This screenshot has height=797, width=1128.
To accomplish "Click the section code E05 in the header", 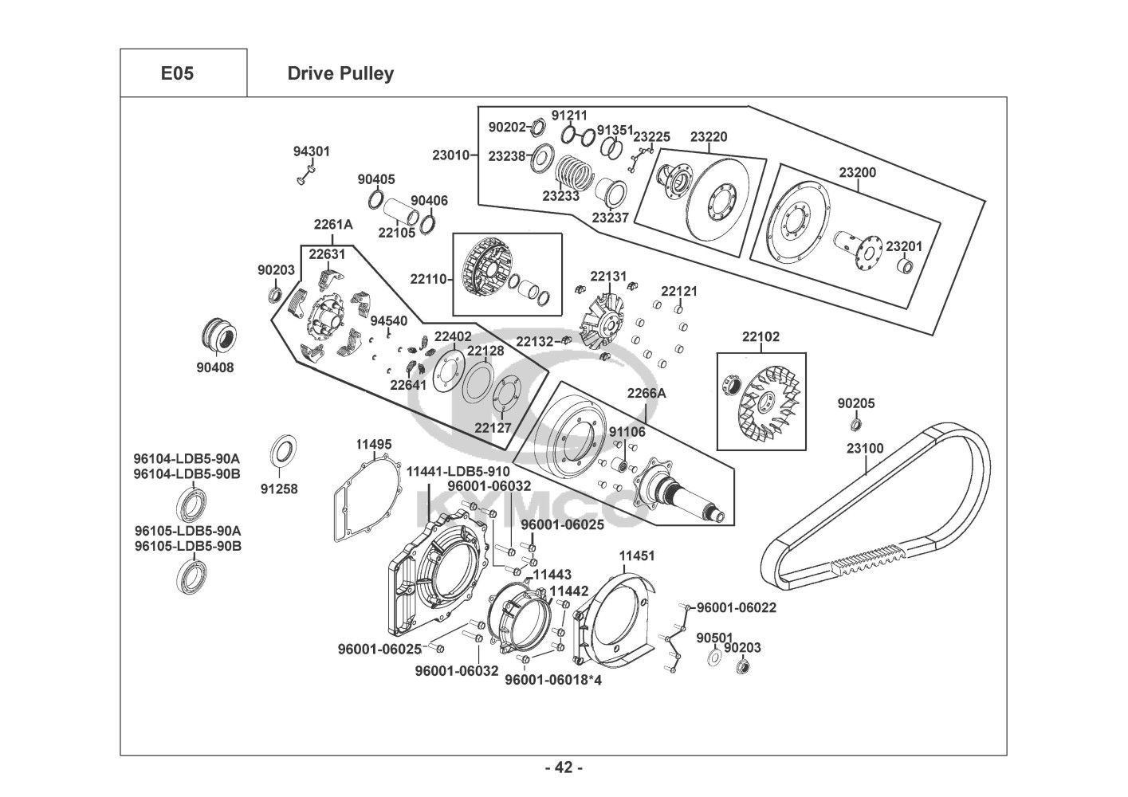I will click(x=177, y=73).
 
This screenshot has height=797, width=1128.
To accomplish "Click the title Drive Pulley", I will click(x=340, y=73).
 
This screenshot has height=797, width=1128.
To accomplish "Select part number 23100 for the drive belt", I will click(x=865, y=448).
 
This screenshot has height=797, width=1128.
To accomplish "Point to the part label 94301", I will click(x=311, y=151).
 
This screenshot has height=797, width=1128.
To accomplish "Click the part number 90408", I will click(x=215, y=368).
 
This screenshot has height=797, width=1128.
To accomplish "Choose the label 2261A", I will click(x=332, y=225).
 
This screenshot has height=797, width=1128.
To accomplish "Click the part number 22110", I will click(x=429, y=279).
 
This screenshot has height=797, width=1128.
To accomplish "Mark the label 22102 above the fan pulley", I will click(x=761, y=337).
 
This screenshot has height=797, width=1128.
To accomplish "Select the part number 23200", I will click(x=857, y=172).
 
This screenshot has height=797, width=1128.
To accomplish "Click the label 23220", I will click(x=708, y=137).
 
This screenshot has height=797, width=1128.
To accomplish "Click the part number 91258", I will click(x=279, y=489).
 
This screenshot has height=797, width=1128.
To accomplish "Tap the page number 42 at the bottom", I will click(x=564, y=768).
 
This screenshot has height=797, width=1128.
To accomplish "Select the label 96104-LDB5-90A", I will click(x=187, y=458).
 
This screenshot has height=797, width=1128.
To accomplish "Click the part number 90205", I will click(x=856, y=403).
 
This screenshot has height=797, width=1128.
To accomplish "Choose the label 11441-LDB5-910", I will click(x=458, y=471).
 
